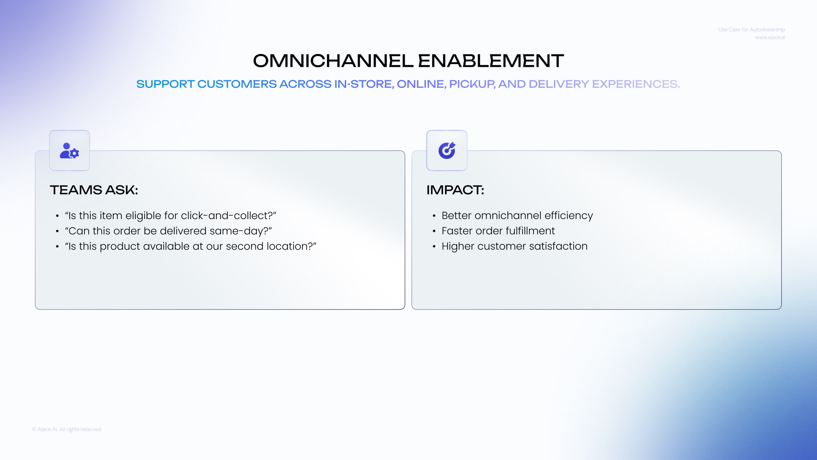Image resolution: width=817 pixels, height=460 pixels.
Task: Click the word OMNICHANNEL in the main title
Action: point(333,61)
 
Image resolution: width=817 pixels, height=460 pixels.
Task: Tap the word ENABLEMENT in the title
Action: point(491,61)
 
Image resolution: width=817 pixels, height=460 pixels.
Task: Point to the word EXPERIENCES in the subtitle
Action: point(636,84)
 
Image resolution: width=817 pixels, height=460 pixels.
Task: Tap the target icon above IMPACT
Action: point(447,150)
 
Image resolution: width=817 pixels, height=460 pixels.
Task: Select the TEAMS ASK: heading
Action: point(94,190)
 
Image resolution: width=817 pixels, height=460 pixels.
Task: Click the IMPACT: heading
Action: point(455,190)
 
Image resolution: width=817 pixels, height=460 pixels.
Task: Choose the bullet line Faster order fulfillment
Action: point(498,231)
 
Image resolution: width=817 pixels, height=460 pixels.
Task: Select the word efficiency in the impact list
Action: point(569,215)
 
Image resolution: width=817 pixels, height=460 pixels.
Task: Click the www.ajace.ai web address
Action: point(770,37)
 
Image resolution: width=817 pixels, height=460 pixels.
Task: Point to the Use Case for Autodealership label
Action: point(752,29)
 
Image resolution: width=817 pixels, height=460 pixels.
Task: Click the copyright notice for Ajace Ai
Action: point(67,429)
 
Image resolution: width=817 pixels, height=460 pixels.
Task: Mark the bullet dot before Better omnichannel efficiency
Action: point(434,216)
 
